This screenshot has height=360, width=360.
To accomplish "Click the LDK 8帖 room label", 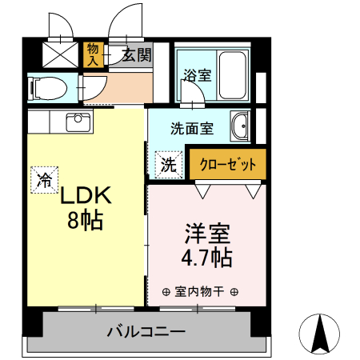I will (83, 206).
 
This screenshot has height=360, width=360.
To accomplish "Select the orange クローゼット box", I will (228, 165).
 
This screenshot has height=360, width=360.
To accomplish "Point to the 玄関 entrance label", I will (137, 55).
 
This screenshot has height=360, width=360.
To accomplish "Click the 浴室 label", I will (197, 76).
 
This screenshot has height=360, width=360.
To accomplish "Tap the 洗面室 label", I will (191, 126).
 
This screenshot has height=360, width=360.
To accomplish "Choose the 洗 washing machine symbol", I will (168, 165).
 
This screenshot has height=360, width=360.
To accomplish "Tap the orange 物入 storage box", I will (94, 54).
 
